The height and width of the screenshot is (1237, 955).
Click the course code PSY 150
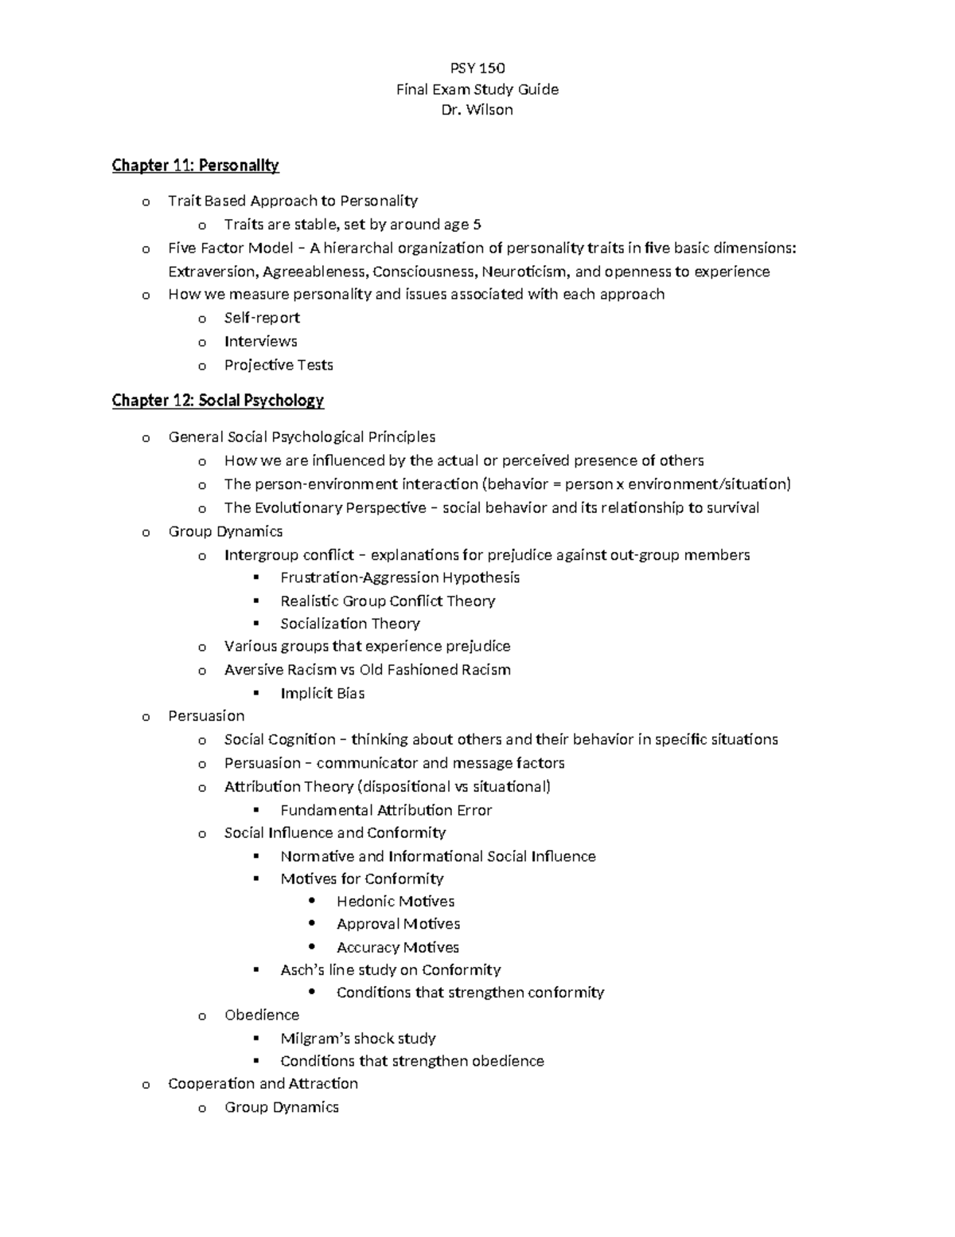(477, 68)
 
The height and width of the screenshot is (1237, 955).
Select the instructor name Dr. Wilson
(477, 110)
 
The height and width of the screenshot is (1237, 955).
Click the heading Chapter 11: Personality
(195, 166)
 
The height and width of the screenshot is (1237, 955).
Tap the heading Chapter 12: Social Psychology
(217, 401)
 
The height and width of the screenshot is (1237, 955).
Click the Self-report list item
(262, 318)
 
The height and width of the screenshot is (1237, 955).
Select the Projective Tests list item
(279, 365)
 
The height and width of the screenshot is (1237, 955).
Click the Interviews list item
(260, 342)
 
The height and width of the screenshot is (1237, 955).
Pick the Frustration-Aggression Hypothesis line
(400, 577)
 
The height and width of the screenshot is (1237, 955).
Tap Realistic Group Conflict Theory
(388, 601)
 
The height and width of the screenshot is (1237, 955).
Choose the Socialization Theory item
(349, 624)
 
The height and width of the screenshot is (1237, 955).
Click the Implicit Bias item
(322, 694)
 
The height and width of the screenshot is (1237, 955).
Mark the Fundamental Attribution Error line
(386, 810)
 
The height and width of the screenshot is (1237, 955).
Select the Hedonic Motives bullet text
(396, 902)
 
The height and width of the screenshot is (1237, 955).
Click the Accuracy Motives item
(397, 948)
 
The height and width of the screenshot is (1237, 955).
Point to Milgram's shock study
(357, 1039)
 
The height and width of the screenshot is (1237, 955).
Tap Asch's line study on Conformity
(390, 970)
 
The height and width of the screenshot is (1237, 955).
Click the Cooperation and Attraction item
(263, 1084)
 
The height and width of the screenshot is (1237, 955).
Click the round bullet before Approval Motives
(312, 924)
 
